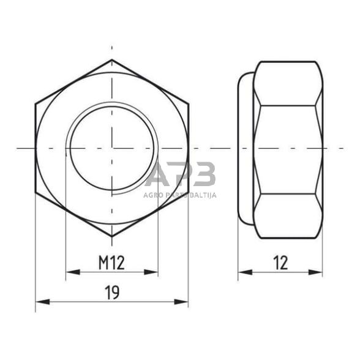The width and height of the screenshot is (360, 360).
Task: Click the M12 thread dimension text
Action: point(111,263)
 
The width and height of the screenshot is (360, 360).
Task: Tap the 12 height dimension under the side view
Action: point(280,263)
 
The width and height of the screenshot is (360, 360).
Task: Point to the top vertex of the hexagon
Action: point(112,60)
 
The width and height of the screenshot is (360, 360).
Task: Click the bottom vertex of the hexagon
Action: point(112,236)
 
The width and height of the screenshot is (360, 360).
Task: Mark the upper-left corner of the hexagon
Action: point(36,103)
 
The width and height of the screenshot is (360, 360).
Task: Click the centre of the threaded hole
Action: point(112,148)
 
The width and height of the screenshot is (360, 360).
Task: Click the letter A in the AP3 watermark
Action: point(160,176)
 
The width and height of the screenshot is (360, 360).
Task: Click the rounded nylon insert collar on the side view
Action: point(245,148)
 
